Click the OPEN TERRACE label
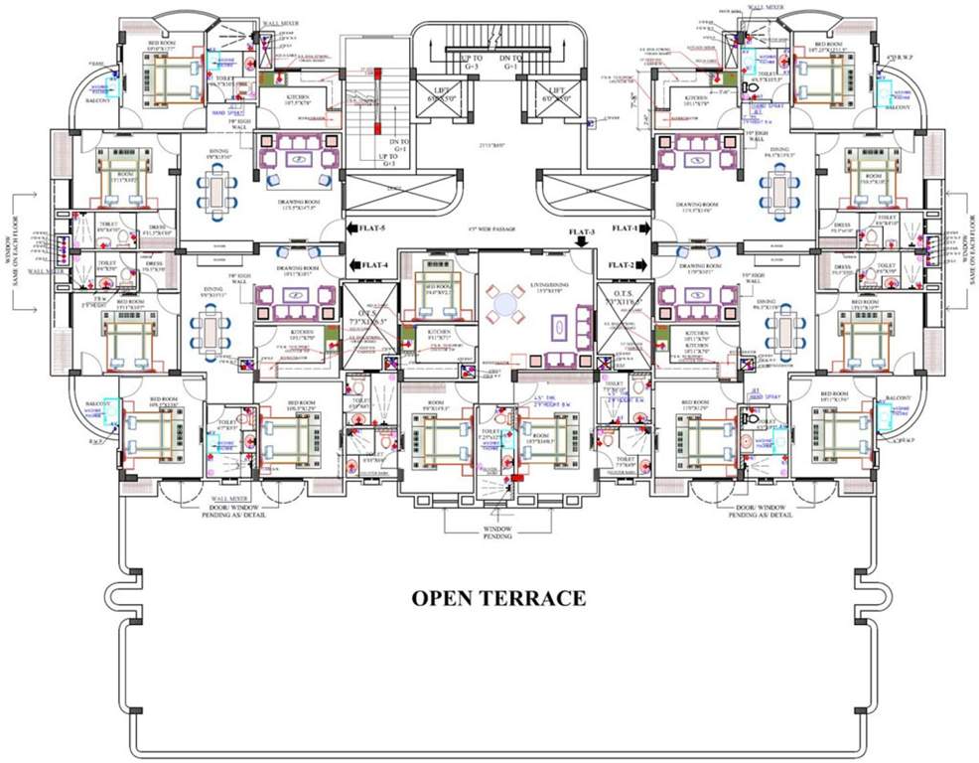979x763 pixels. click(498, 598)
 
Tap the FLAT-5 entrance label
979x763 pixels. click(374, 229)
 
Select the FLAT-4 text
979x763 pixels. click(374, 265)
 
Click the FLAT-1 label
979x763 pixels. click(624, 229)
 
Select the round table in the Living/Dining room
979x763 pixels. click(505, 301)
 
